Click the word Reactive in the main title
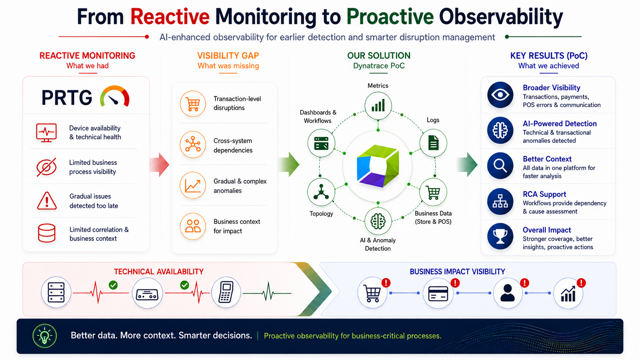[170, 17]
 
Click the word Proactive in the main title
[390, 17]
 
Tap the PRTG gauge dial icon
[114, 96]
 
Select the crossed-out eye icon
[46, 167]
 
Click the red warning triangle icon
[47, 201]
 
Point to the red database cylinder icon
[47, 233]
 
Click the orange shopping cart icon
[193, 104]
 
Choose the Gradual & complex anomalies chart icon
[193, 186]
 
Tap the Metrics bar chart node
[378, 106]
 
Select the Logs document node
[433, 143]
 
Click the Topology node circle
[321, 192]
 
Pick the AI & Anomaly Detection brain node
[378, 221]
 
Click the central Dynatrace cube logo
[378, 166]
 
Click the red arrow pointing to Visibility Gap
[160, 165]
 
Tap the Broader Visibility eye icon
[500, 95]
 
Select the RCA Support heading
[544, 194]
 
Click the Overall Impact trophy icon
[500, 236]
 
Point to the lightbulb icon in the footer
[44, 336]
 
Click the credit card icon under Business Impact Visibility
[438, 293]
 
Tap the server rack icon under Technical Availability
[56, 292]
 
